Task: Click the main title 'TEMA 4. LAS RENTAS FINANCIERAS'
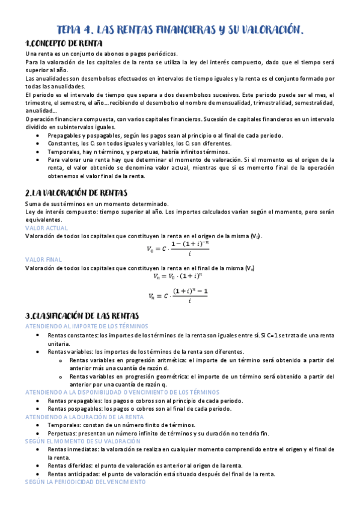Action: tap(180, 29)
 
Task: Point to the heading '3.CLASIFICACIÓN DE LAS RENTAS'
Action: tap(82, 316)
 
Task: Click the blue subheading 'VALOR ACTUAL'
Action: tap(46, 229)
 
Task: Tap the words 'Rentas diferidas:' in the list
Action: tap(70, 465)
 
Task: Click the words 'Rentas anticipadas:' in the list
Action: tap(73, 474)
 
